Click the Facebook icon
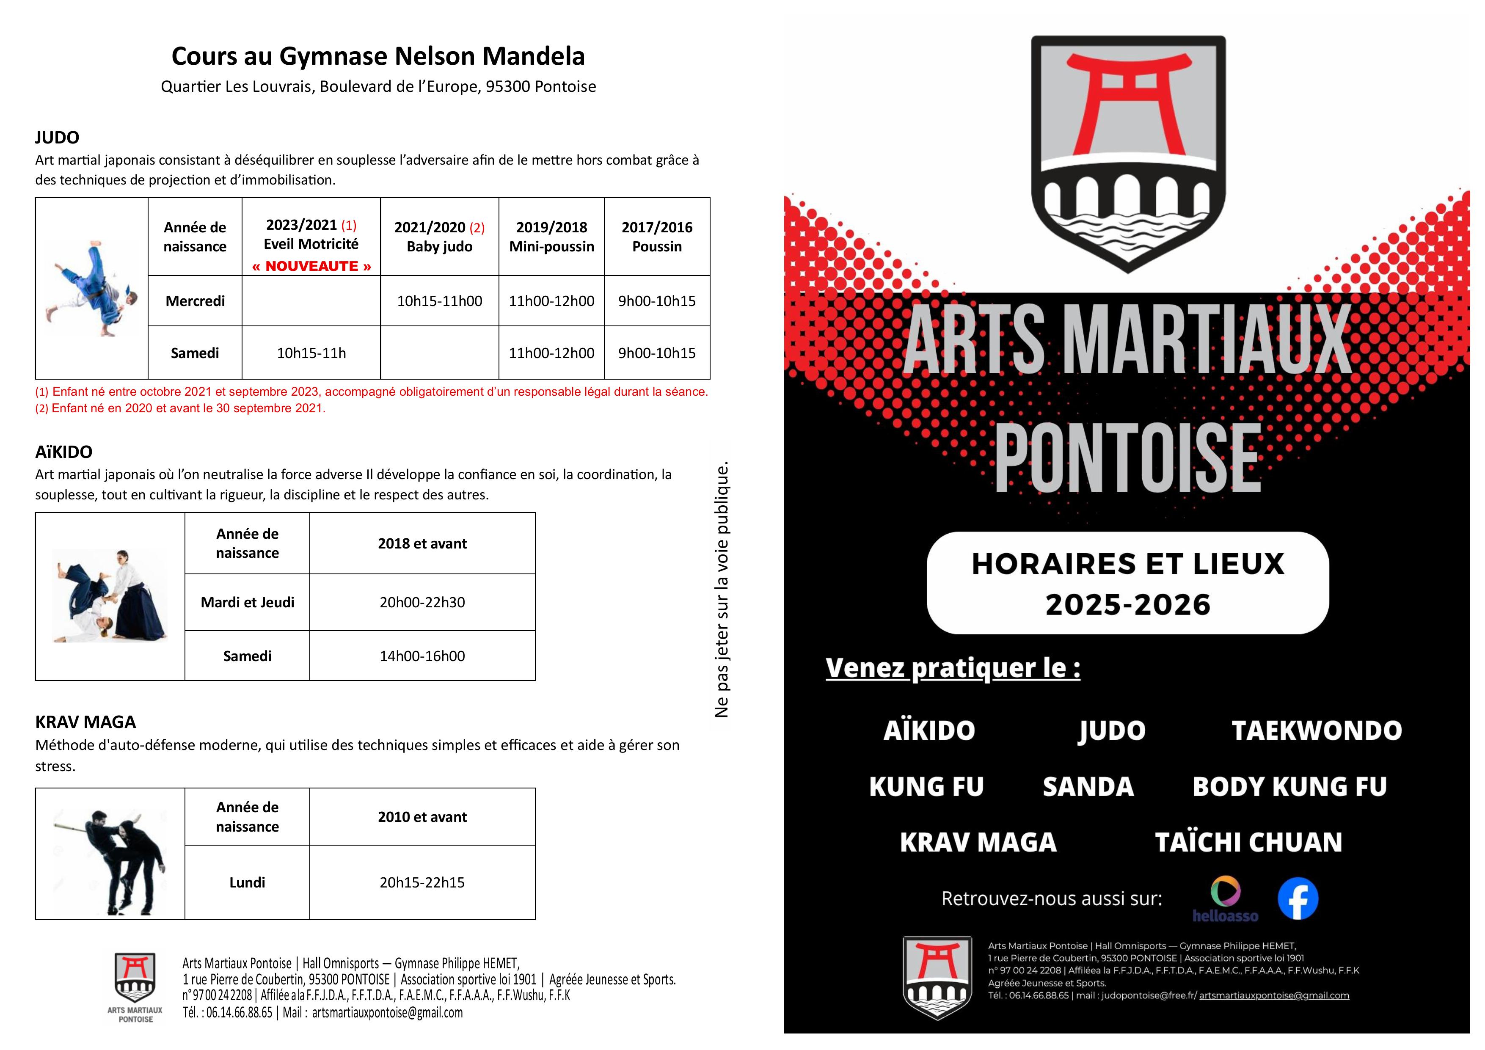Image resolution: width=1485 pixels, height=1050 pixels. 1298,898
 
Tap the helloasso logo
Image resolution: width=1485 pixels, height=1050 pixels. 1225,899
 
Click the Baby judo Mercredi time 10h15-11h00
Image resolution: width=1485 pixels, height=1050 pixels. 439,301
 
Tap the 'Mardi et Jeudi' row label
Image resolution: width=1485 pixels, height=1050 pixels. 247,602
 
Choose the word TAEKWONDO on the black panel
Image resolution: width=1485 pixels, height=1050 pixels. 1316,730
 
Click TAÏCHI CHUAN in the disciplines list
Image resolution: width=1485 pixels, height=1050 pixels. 1248,842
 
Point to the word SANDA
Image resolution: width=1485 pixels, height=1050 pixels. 1088,787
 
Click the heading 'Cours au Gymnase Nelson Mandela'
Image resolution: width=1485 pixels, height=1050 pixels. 378,56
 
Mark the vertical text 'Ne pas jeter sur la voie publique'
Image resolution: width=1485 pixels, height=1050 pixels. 722,589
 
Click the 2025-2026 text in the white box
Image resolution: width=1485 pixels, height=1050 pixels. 1127,605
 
